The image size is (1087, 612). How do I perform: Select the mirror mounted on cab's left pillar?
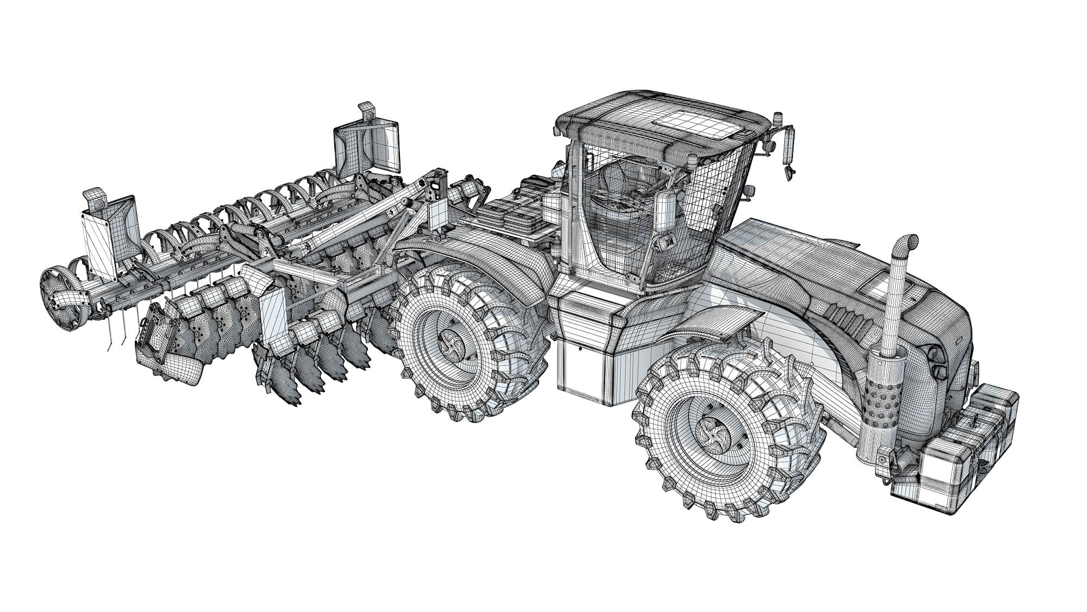coord(666,210)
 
